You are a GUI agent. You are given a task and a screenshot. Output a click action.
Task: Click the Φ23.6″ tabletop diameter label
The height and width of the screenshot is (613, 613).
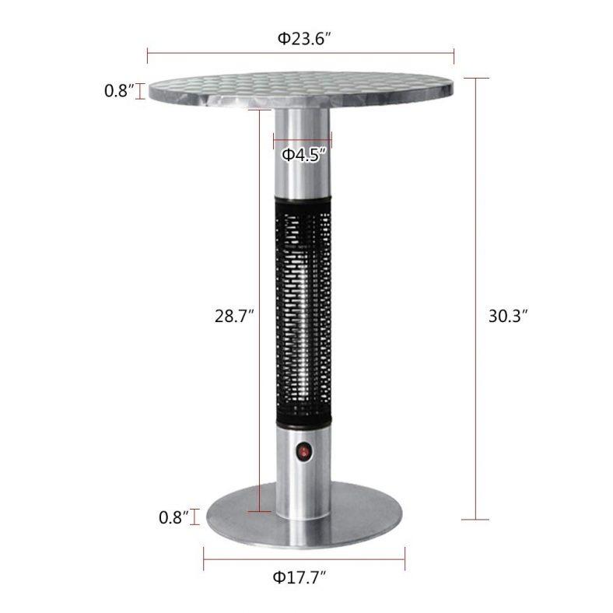coord(300,37)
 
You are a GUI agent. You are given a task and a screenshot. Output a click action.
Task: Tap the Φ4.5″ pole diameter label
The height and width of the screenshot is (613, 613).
coord(303,155)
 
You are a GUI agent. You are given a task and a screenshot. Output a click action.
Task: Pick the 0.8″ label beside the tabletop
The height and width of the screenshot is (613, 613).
coord(120,91)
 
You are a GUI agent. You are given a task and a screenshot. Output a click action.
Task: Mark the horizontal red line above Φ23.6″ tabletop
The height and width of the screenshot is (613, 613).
coord(300,54)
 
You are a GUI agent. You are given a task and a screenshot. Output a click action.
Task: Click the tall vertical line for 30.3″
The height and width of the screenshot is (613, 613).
coord(476,299)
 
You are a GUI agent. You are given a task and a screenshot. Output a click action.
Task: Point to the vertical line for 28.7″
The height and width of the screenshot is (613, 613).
coord(259,311)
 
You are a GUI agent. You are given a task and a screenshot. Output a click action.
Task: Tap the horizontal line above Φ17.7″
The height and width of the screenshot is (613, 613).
coord(304,557)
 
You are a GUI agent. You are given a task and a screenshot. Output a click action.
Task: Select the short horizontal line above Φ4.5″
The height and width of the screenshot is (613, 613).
coord(303,141)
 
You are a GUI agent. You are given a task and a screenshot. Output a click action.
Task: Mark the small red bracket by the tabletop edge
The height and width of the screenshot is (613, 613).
coord(141,92)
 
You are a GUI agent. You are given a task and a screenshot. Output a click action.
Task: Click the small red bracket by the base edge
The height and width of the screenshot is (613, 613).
coord(192,517)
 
